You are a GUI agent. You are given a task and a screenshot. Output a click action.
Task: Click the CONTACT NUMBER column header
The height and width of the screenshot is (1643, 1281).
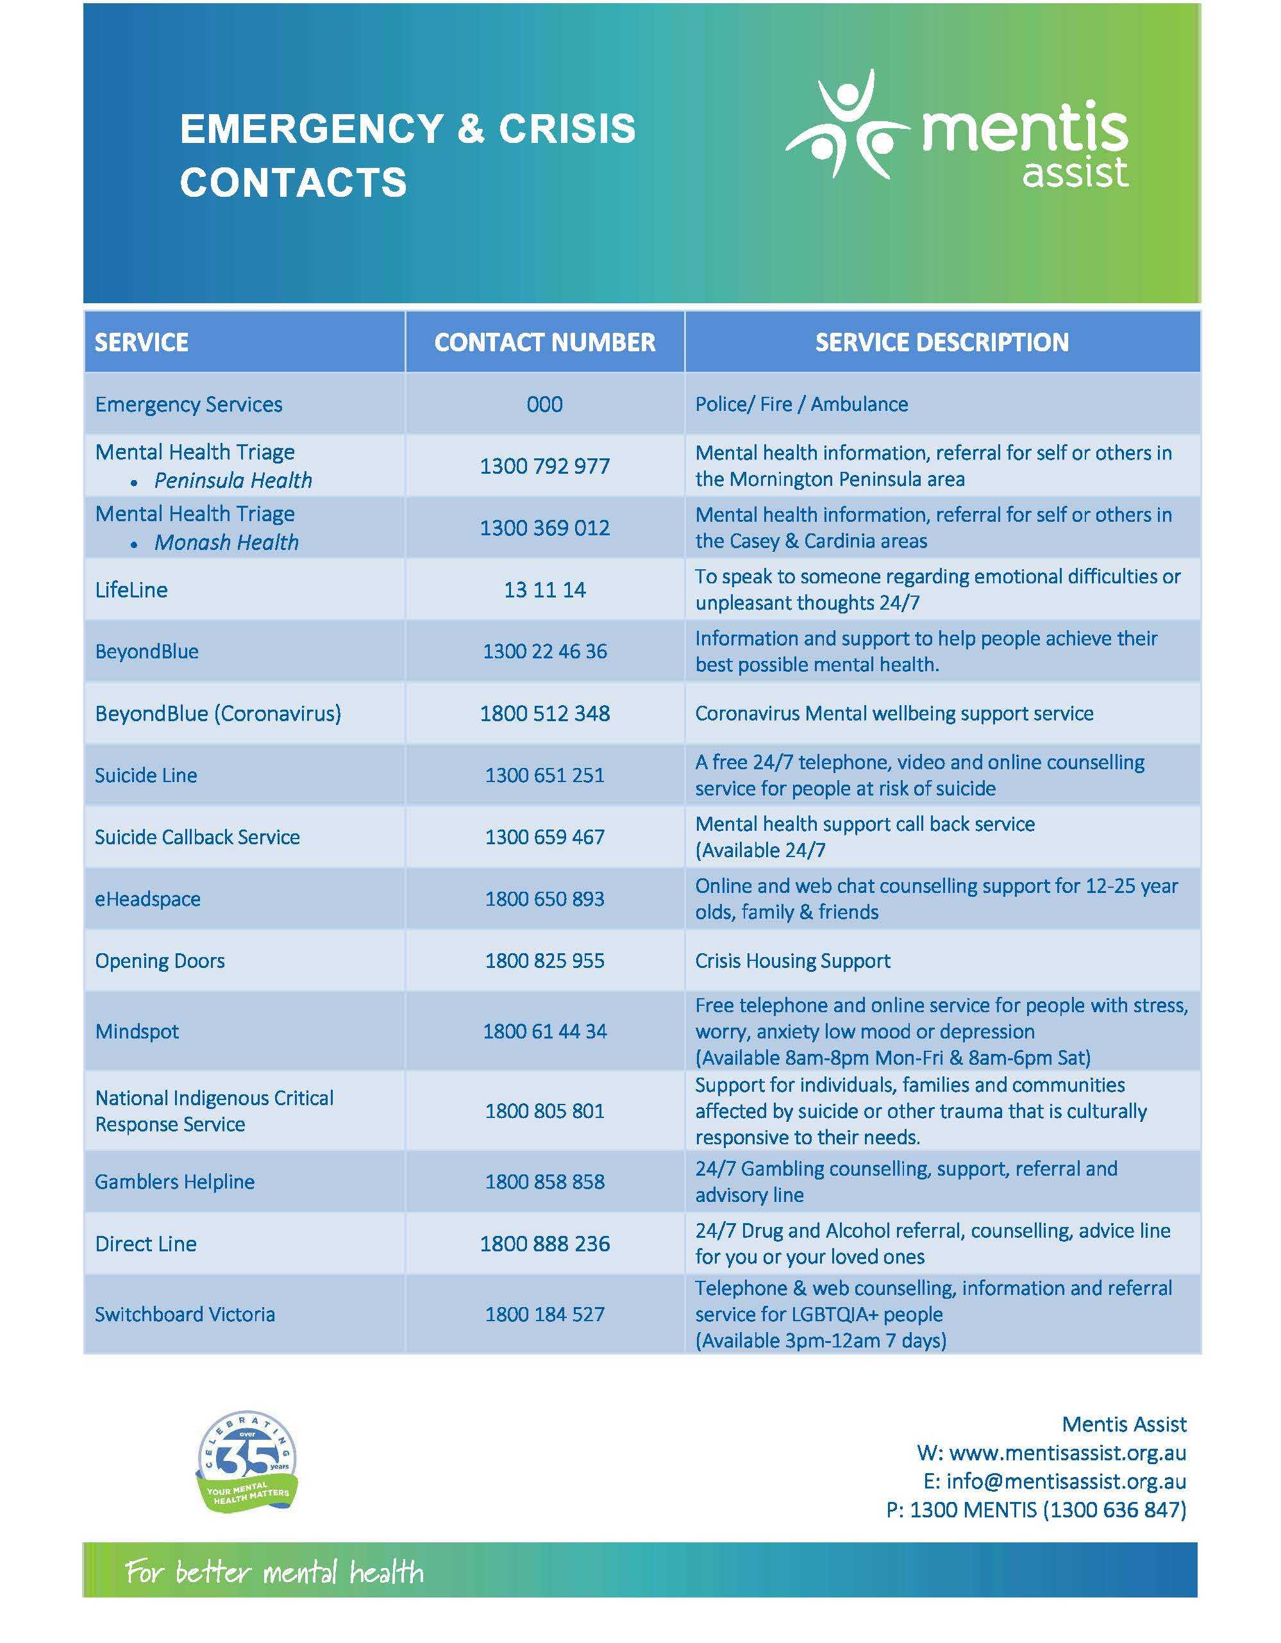coord(544,342)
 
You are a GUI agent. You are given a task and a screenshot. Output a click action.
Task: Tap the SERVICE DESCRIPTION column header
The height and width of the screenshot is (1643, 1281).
coord(941,342)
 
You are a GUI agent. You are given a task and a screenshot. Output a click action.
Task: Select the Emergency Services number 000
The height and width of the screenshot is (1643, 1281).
coord(544,404)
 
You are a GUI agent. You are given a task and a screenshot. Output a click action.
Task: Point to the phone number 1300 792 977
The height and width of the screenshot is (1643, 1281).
coord(544,467)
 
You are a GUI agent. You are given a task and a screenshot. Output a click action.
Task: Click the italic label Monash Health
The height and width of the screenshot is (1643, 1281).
coord(226,542)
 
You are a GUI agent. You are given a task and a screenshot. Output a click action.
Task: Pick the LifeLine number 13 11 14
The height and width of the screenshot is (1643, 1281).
coord(544,590)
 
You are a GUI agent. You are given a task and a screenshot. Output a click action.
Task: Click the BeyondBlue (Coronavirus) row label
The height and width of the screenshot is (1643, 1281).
coord(217,713)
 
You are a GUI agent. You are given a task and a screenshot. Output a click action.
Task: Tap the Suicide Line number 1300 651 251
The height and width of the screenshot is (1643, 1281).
coord(544,775)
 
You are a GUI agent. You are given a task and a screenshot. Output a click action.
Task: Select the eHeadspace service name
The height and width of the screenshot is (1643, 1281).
coord(147,899)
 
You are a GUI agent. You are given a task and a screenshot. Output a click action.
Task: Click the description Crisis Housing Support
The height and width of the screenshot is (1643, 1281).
coord(792,961)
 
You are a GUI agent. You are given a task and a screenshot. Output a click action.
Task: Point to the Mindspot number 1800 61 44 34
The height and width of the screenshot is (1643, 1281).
coord(544,1031)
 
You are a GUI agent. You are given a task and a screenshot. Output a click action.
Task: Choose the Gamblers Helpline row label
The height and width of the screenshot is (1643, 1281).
coord(174,1182)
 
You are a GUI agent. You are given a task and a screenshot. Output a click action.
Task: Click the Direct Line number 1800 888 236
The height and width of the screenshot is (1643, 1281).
coord(544,1244)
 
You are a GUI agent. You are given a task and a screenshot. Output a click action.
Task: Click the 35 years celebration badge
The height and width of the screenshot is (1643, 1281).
coord(247,1462)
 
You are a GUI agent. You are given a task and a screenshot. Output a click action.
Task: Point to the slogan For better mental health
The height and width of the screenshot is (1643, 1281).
coord(274,1572)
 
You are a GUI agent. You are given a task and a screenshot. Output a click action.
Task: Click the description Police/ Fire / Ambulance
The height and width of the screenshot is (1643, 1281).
coord(801,404)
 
